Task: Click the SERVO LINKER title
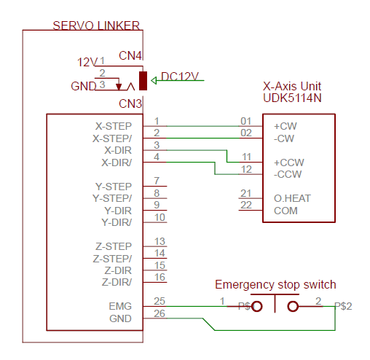[96, 26]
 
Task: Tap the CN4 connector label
[130, 56]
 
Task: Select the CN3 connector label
[130, 104]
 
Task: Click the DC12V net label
[180, 77]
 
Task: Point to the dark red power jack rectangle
[143, 81]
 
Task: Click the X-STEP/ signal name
[112, 138]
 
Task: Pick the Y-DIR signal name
[118, 211]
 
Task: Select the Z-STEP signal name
[114, 246]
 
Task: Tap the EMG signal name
[120, 306]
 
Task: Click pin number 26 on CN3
[160, 313]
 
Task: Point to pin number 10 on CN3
[160, 217]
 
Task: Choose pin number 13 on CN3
[160, 241]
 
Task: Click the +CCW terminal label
[289, 163]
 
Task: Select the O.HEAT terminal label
[292, 198]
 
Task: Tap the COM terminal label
[286, 211]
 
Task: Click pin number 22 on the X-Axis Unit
[246, 206]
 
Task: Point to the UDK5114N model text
[292, 98]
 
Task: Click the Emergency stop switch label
[275, 284]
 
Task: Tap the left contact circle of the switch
[257, 306]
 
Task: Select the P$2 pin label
[343, 306]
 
